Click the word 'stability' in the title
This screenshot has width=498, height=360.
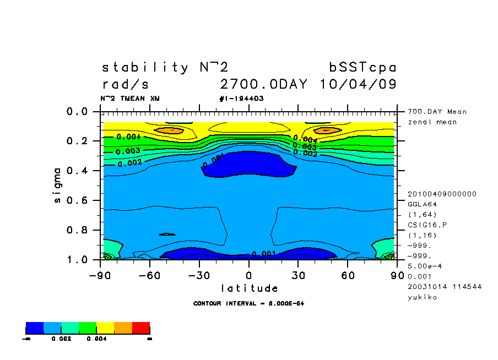pyautogui.click(x=145, y=68)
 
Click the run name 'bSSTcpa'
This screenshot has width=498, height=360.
pyautogui.click(x=363, y=68)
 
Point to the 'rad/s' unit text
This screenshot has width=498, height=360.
pyautogui.click(x=125, y=85)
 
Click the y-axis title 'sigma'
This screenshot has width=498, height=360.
pyautogui.click(x=58, y=185)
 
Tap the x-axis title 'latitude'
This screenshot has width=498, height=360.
pyautogui.click(x=249, y=288)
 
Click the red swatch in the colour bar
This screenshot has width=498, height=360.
pyautogui.click(x=141, y=329)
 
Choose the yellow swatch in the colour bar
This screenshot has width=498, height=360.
pyautogui.click(x=105, y=329)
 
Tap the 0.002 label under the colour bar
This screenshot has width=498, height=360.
pyautogui.click(x=59, y=339)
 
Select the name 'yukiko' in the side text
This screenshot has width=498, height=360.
pyautogui.click(x=423, y=297)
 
